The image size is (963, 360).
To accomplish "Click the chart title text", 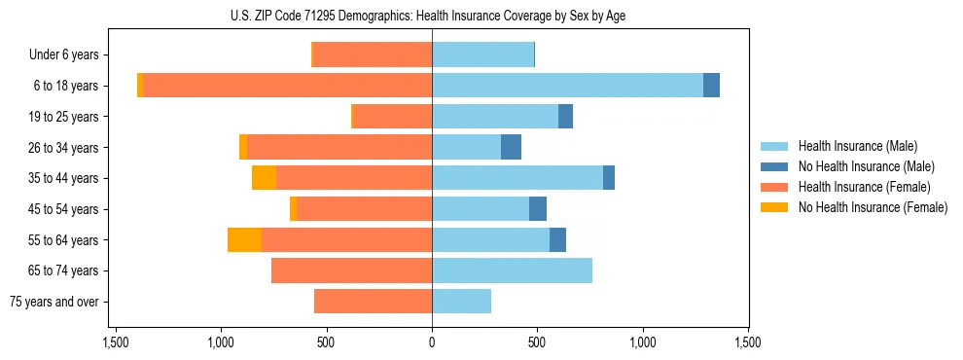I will (x=432, y=16).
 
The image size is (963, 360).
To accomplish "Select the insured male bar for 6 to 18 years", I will (x=567, y=86).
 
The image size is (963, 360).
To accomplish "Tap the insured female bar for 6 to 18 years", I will (x=288, y=86).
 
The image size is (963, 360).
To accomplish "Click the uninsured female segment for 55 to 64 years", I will (x=244, y=239).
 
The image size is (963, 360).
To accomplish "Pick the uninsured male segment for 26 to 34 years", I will (x=511, y=147).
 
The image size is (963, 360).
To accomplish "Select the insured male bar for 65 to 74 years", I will (x=512, y=270).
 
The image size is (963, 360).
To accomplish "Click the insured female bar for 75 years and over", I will (x=373, y=302).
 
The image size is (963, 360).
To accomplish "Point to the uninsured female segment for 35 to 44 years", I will (x=264, y=178).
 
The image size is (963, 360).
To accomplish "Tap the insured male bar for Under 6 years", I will (x=482, y=54).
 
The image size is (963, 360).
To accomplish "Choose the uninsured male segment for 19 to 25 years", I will (x=565, y=117).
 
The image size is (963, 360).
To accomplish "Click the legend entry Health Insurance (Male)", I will (x=857, y=146).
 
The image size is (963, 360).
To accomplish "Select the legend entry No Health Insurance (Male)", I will (x=866, y=166).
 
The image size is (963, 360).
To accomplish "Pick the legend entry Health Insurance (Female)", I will (x=864, y=187).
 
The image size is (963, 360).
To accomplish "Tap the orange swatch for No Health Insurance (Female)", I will (x=775, y=207).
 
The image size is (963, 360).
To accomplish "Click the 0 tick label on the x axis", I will (x=432, y=342).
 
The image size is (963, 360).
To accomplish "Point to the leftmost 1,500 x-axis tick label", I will (x=115, y=342).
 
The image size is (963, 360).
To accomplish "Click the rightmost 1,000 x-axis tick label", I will (x=643, y=342).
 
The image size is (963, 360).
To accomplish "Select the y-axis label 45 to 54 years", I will (x=63, y=209).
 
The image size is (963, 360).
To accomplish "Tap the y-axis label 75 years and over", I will (x=53, y=302).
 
